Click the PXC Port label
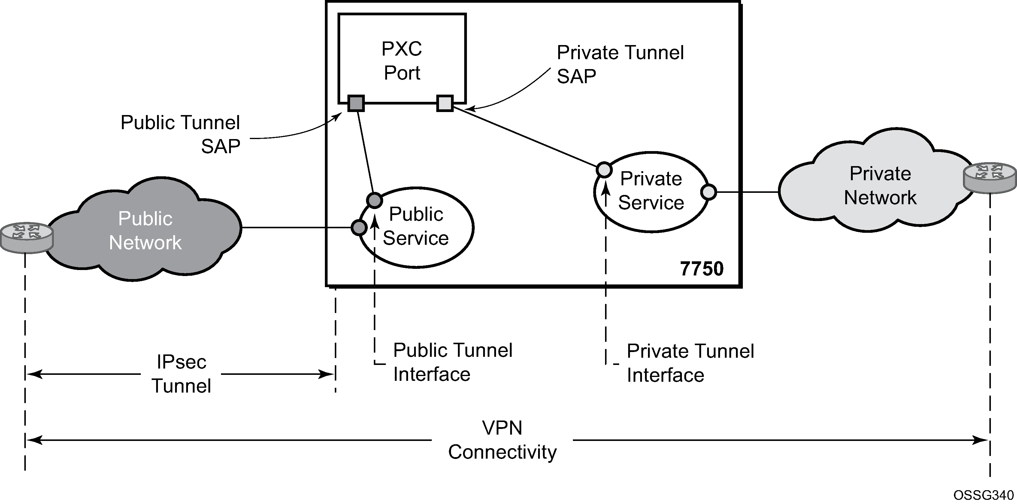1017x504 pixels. (x=402, y=61)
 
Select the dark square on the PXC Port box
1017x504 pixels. (x=356, y=104)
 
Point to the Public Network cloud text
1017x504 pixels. (x=145, y=230)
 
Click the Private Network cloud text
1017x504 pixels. (x=880, y=186)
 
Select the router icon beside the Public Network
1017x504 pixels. (x=26, y=237)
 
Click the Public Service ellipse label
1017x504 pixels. (x=416, y=226)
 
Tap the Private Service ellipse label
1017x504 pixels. (x=651, y=190)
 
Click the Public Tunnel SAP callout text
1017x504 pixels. (x=180, y=134)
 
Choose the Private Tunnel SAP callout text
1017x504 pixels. (x=620, y=64)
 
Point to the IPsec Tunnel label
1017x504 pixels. (x=181, y=374)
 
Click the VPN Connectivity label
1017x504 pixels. (x=502, y=440)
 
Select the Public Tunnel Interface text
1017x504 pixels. (x=453, y=362)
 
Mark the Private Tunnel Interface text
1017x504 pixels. (x=690, y=363)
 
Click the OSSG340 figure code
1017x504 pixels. (x=983, y=495)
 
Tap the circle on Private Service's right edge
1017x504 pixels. (x=708, y=192)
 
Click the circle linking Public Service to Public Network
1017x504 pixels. (x=359, y=227)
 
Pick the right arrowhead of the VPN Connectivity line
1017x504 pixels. (x=982, y=440)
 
